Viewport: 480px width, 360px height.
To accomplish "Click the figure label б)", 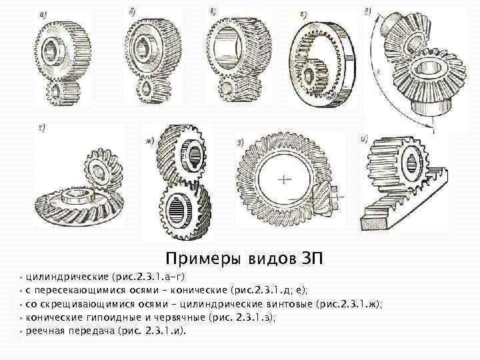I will pos(135,13).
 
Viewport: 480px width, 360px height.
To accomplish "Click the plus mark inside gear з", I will pos(284,179).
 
